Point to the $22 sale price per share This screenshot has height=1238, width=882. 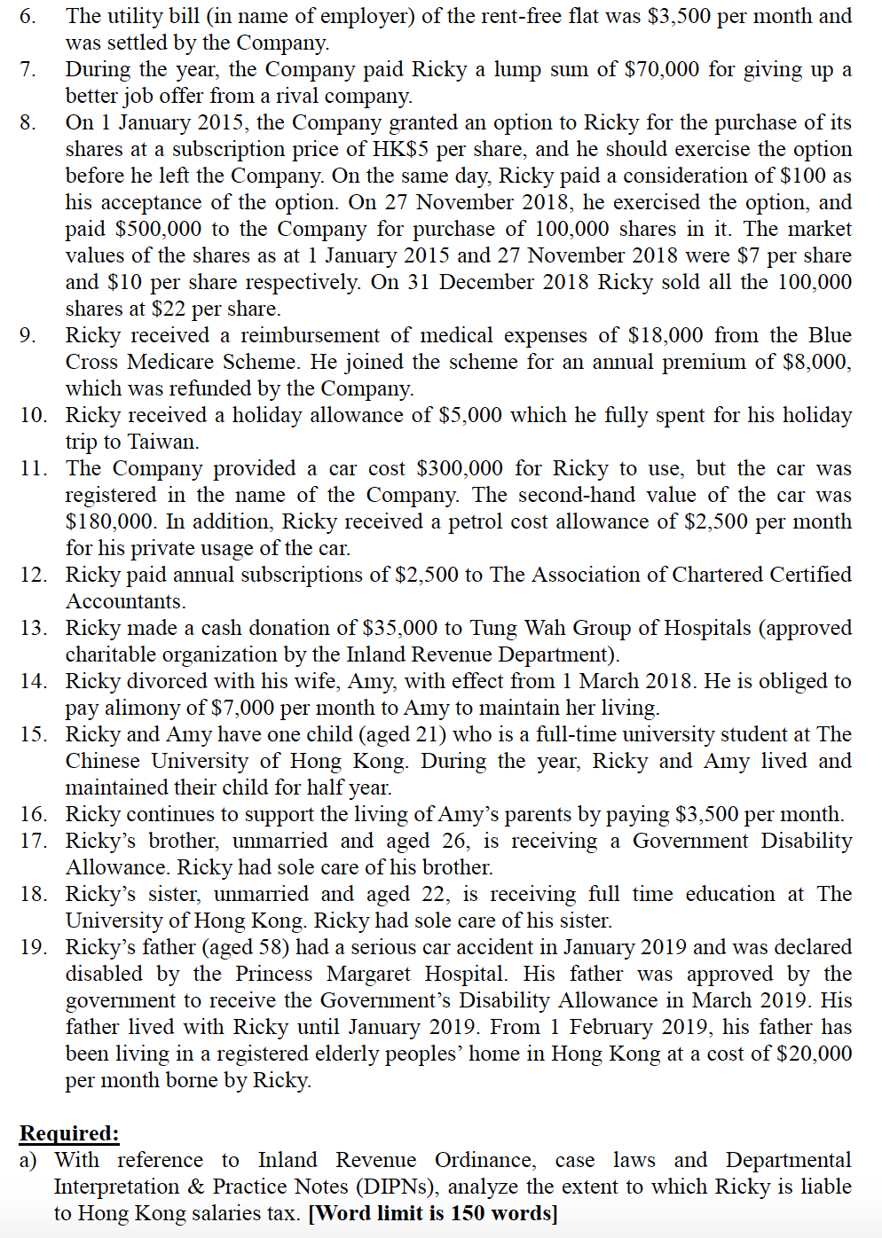point(169,309)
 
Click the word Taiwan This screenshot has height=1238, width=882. point(164,442)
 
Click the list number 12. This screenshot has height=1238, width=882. point(34,575)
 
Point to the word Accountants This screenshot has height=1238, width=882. point(125,601)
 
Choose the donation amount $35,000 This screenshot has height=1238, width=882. point(400,628)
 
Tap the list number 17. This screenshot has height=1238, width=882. point(34,841)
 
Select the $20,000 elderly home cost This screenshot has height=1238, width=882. point(814,1054)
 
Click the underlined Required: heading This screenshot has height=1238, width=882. point(69,1133)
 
